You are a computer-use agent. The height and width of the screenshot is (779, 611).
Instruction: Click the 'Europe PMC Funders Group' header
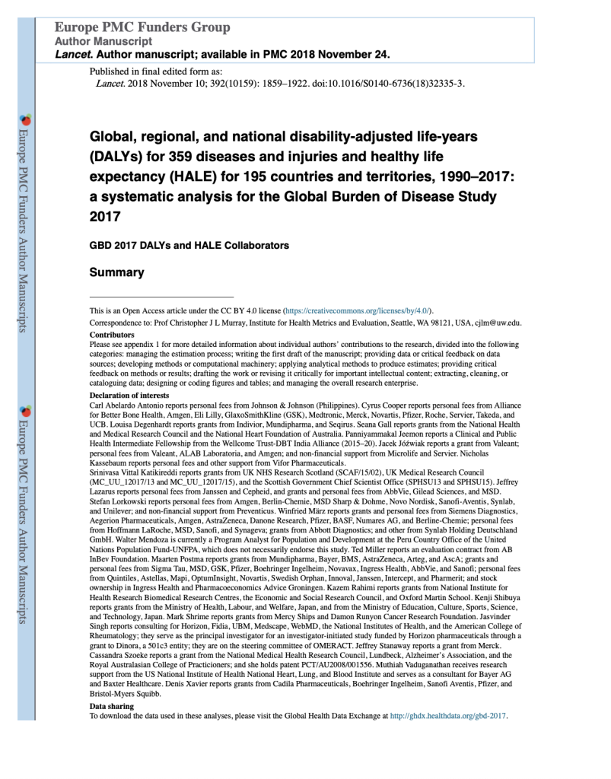[142, 28]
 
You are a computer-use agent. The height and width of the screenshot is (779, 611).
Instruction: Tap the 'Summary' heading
[116, 272]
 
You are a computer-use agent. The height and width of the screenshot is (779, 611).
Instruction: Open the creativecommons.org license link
[357, 311]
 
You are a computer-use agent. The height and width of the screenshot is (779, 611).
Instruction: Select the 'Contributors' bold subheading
[112, 334]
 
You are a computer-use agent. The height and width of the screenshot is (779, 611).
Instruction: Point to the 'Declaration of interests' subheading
[129, 396]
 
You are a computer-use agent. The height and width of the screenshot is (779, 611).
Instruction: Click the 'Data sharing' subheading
[111, 706]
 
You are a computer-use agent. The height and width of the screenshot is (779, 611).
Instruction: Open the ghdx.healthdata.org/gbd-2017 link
[447, 716]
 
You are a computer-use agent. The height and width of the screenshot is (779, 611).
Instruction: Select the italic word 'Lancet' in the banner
[75, 55]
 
